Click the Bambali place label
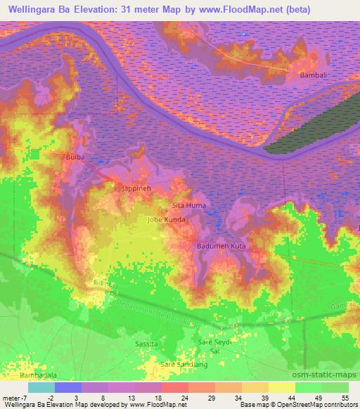pyautogui.click(x=310, y=73)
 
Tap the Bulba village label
pyautogui.click(x=75, y=157)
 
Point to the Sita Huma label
pyautogui.click(x=189, y=205)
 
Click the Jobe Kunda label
pyautogui.click(x=166, y=220)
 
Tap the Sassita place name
pyautogui.click(x=146, y=343)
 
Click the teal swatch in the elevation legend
pyautogui.click(x=41, y=387)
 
